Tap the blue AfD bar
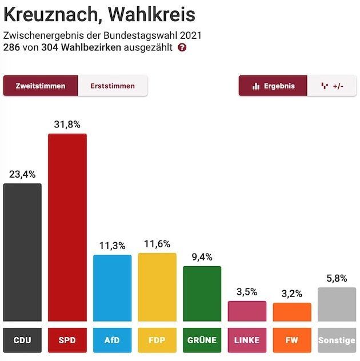tap(112, 288)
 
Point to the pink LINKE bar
tap(247, 311)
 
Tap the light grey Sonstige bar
tap(337, 304)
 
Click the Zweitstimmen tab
tap(40, 86)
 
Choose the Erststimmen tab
tap(113, 86)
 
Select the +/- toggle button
tap(332, 86)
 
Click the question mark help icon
tap(182, 47)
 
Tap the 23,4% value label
tap(22, 174)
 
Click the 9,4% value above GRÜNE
tap(202, 257)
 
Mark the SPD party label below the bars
tap(67, 340)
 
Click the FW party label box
tap(292, 340)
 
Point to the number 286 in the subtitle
tap(12, 47)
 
